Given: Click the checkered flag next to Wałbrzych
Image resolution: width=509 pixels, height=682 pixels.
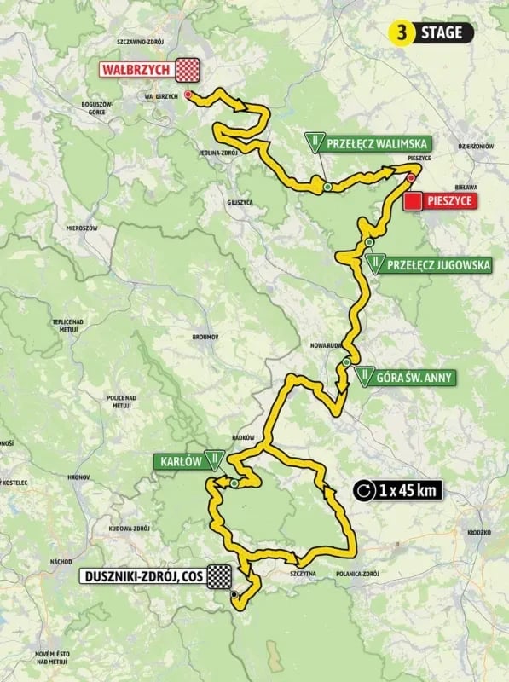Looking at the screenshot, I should point(188,68).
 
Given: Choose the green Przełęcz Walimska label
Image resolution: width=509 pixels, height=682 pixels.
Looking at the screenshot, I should point(375,143).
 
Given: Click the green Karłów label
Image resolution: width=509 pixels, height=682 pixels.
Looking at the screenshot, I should point(178,461).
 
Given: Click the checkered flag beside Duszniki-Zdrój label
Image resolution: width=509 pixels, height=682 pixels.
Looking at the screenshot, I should point(221,576).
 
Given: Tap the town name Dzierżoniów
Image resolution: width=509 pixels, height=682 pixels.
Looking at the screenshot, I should point(475,147).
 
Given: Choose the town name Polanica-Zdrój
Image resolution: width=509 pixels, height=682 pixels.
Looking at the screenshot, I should point(357,574).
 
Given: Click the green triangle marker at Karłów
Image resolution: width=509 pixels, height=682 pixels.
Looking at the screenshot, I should point(218,461).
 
